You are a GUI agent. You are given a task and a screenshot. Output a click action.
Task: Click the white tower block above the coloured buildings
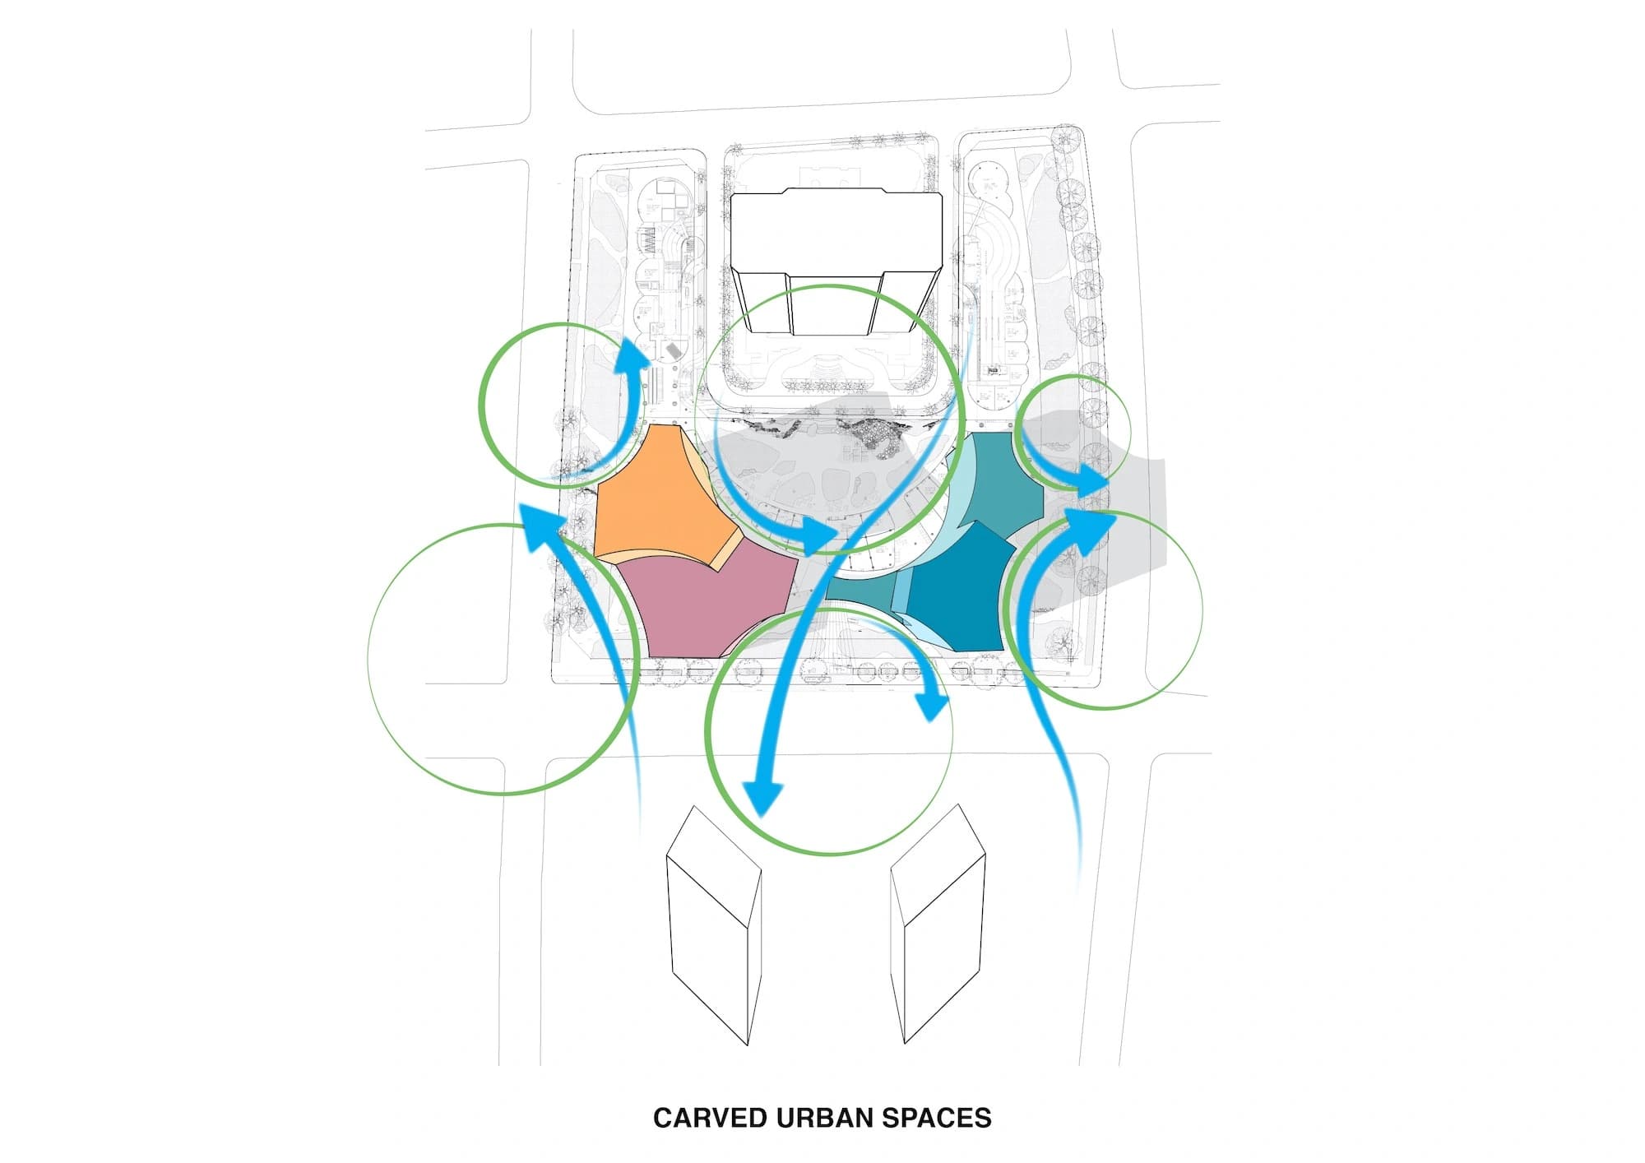[x=835, y=234]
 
